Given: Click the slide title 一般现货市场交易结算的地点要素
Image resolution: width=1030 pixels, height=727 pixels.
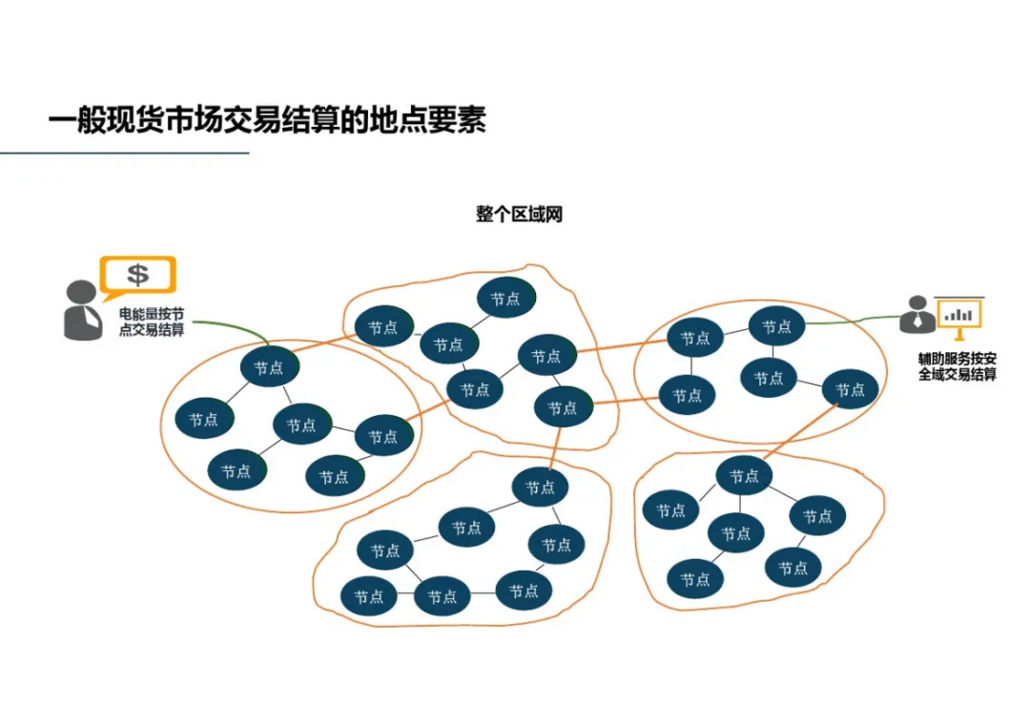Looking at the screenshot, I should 267,121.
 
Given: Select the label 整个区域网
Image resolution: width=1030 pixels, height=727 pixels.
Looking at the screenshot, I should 519,214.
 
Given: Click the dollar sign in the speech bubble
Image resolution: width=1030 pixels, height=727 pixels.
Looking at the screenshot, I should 138,275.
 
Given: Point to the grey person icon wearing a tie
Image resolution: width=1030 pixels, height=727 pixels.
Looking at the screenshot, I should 82,310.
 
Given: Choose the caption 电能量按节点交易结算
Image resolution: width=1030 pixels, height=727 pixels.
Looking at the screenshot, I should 152,321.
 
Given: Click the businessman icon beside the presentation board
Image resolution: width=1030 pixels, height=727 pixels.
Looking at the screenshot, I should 917,314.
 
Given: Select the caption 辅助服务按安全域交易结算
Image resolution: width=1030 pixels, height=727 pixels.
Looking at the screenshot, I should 957,366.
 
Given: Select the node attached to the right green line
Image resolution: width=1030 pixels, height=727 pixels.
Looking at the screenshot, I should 776,326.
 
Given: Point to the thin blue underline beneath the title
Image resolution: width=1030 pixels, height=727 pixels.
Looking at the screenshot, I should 124,153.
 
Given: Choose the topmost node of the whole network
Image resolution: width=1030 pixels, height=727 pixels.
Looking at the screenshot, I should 505,298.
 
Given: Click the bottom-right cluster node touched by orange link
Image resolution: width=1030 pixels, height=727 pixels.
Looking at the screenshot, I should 744,475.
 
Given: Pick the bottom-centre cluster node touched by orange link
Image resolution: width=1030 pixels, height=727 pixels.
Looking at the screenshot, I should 540,488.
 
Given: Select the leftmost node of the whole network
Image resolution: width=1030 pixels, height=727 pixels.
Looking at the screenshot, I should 203,419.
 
